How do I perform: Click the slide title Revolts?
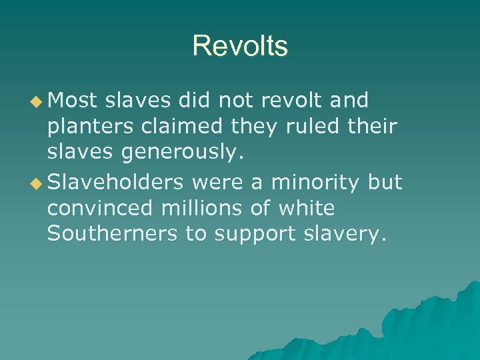coord(240,46)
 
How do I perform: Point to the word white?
coord(307,209)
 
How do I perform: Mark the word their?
coord(373,127)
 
